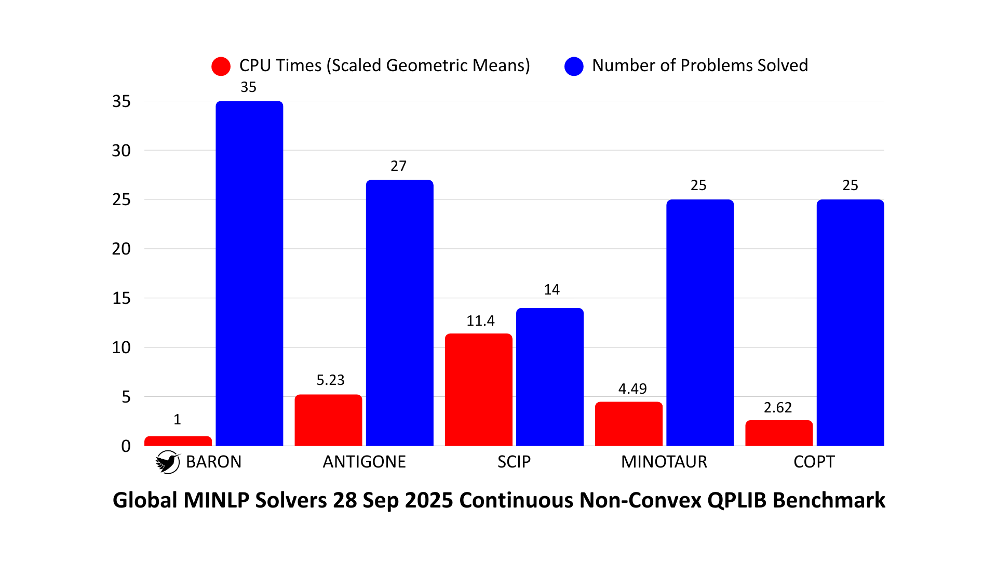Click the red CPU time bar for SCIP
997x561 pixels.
(478, 390)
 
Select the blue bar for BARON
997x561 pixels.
(249, 273)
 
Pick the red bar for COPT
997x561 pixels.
(778, 433)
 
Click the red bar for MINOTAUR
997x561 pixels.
(628, 424)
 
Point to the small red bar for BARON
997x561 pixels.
(178, 441)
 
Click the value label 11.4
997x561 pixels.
(480, 321)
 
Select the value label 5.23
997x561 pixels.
(330, 380)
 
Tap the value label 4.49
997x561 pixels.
(632, 389)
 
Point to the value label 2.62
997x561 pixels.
(777, 408)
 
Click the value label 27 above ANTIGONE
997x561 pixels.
(398, 166)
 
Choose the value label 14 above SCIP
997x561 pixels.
(551, 290)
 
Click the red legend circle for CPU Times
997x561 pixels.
(221, 66)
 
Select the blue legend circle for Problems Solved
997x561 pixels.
(574, 66)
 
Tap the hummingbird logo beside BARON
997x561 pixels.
(167, 462)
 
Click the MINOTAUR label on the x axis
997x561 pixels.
(664, 462)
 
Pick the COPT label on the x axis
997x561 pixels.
(814, 462)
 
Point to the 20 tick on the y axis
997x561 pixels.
(121, 249)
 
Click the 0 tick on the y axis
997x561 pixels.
(126, 446)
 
